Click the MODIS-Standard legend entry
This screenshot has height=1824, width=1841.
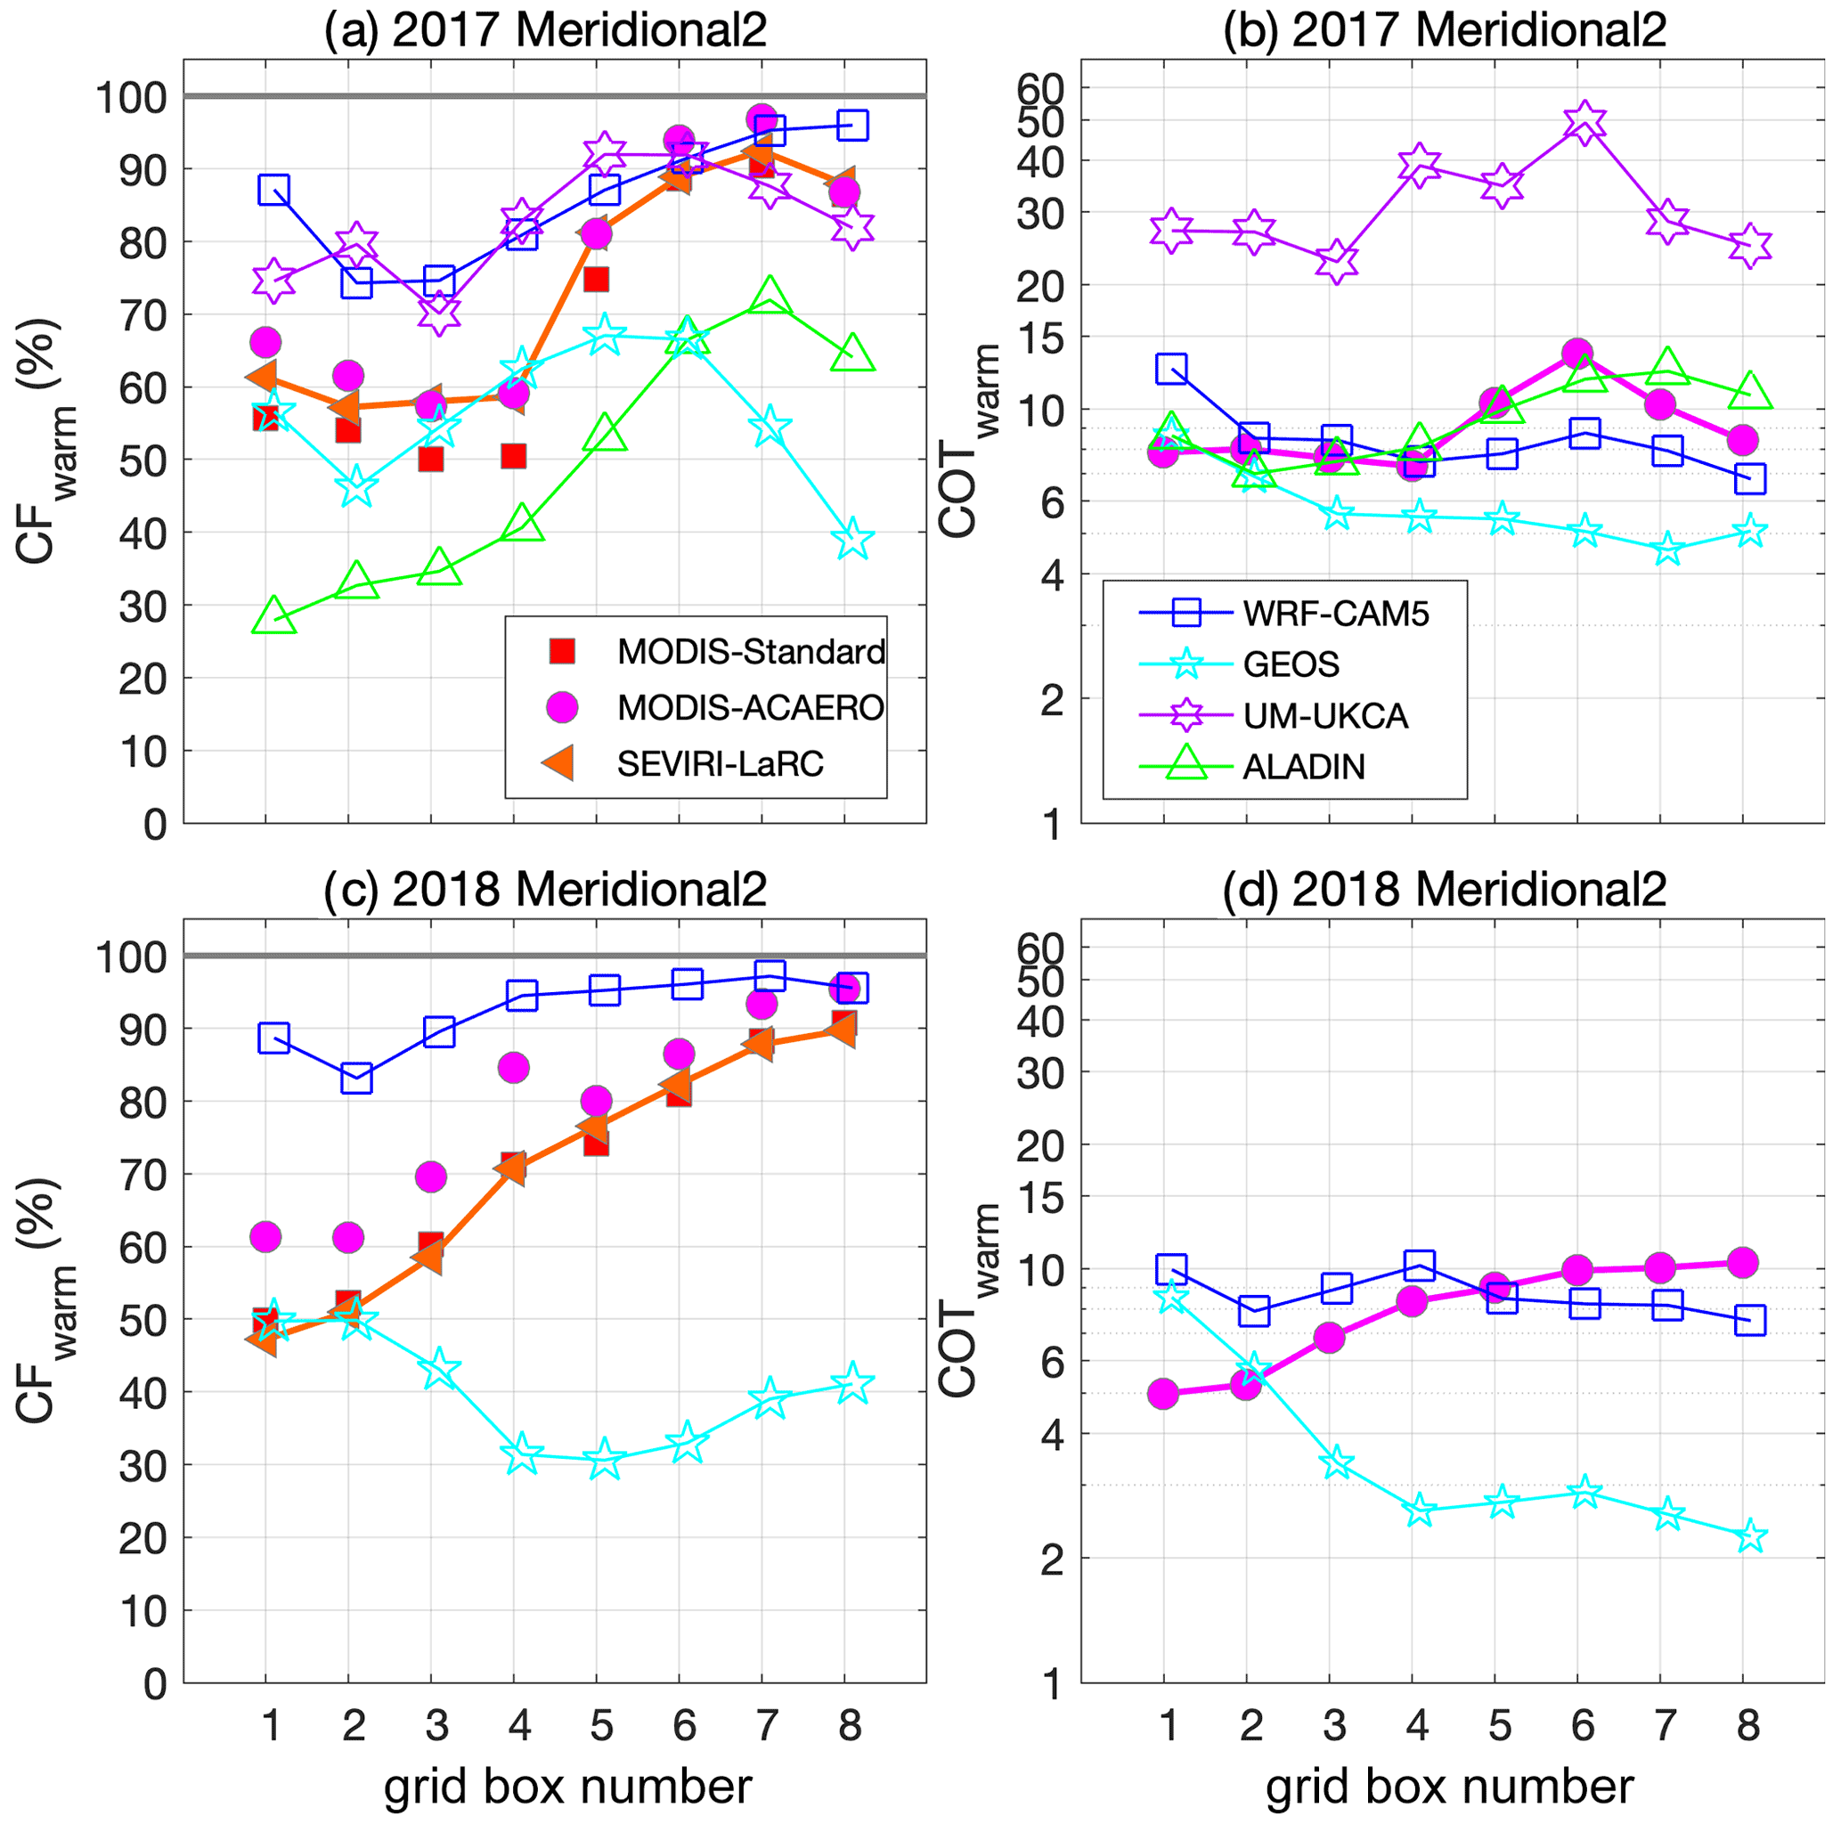tap(751, 652)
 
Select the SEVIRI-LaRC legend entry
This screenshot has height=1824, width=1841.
tap(720, 763)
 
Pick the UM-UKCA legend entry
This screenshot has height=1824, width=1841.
tap(1324, 716)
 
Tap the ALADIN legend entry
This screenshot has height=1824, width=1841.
tap(1304, 767)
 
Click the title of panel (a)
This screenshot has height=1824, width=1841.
tap(545, 30)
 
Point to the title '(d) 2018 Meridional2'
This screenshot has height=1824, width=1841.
tap(1445, 889)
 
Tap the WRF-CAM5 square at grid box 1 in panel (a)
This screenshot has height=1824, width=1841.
tap(273, 190)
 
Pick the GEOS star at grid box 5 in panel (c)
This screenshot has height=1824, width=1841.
tap(604, 1459)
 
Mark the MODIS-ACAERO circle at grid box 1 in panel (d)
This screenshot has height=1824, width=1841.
tap(1163, 1394)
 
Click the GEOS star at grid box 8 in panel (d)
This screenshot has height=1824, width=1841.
tap(1750, 1536)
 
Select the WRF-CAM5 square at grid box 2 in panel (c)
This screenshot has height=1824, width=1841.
tap(356, 1079)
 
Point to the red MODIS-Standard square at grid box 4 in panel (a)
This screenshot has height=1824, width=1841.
tap(514, 457)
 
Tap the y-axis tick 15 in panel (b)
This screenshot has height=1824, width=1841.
tap(1038, 339)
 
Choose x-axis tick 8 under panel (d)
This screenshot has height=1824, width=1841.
tap(1748, 1726)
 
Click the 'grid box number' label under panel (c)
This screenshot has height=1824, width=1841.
tap(569, 1787)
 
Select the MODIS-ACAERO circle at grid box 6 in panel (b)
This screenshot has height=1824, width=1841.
tap(1578, 354)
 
